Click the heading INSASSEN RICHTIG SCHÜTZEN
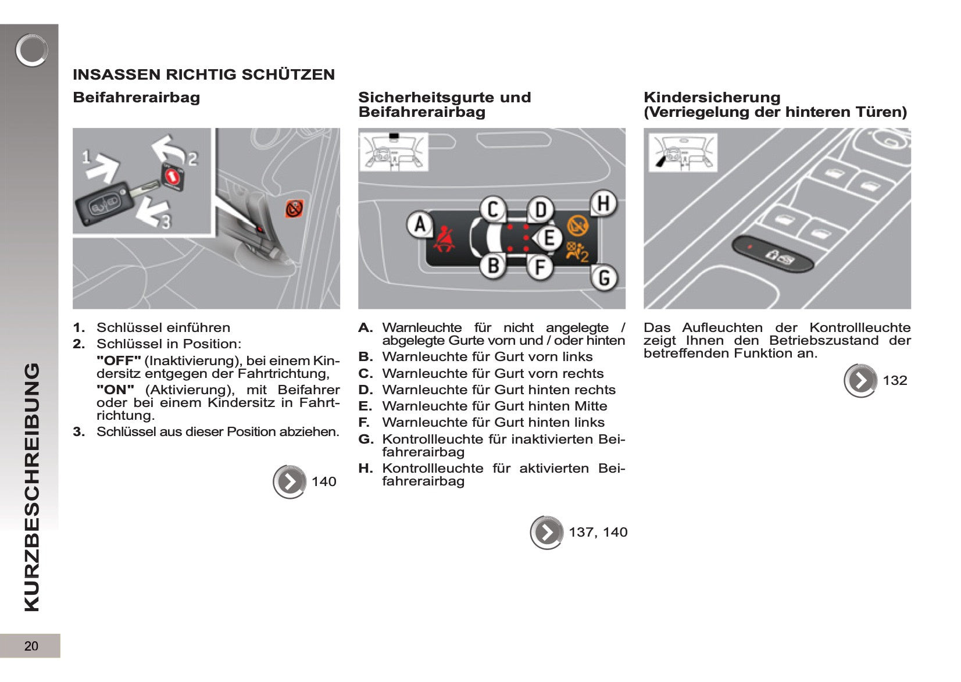[x=203, y=74]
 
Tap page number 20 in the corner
[x=31, y=646]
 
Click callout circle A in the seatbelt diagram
[x=420, y=224]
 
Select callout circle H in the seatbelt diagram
[x=603, y=203]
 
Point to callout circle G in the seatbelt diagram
[x=603, y=278]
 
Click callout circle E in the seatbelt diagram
[x=549, y=238]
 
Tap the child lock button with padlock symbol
[x=772, y=253]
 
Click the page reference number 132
[x=895, y=380]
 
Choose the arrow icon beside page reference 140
[x=290, y=481]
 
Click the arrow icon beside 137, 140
[x=546, y=532]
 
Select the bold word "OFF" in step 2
[x=119, y=360]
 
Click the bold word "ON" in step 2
[x=115, y=390]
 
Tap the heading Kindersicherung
[x=712, y=97]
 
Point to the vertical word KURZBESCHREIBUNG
[x=32, y=487]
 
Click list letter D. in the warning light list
[x=365, y=390]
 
